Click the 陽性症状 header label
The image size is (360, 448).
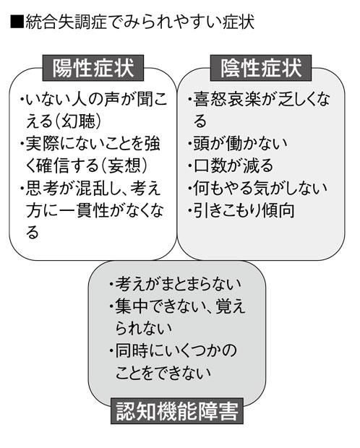coord(93,68)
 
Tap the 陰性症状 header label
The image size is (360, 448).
coord(261,68)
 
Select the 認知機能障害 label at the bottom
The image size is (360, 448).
coord(177,411)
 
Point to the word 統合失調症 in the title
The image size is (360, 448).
coord(67,22)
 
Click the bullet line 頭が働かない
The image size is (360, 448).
coord(238,143)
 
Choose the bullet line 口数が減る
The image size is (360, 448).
coord(231,165)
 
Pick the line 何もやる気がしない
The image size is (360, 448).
coord(257,188)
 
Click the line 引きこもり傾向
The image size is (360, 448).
coord(241,210)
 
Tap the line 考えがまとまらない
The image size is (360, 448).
coord(175,284)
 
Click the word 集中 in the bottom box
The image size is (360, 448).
coord(132,306)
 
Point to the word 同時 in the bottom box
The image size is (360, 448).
coord(132,350)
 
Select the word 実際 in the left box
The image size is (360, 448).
coord(43,143)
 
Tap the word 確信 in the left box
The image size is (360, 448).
coord(53,165)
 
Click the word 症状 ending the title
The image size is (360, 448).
coord(238,22)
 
